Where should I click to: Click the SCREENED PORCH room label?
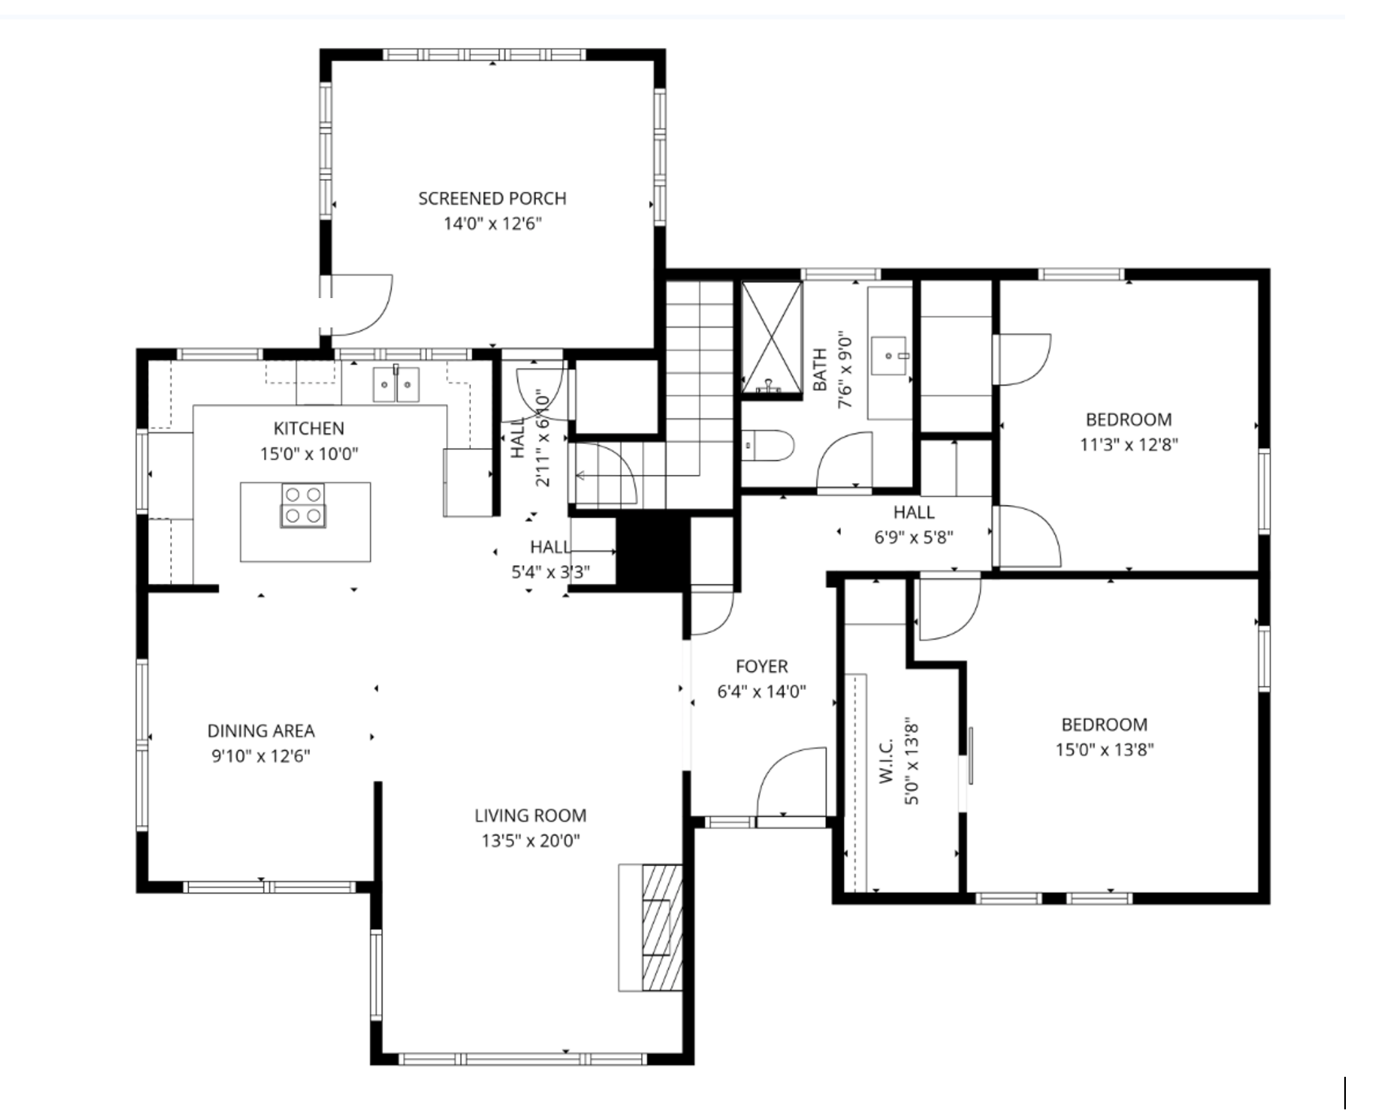[492, 199]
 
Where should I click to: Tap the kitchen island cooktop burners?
[303, 505]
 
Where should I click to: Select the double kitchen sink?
[396, 384]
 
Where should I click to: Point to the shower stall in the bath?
[772, 336]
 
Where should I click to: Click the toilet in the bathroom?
[770, 446]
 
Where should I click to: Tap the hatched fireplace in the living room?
[661, 926]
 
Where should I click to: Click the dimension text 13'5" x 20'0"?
[530, 841]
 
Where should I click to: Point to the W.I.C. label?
[887, 762]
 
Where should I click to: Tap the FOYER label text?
[762, 667]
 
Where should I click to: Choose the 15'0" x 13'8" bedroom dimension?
[1104, 749]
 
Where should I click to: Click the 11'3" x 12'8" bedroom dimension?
[1128, 445]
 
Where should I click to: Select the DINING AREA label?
[261, 731]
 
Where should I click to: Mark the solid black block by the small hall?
[653, 554]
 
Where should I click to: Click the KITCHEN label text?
[309, 428]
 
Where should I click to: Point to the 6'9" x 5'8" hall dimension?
[913, 538]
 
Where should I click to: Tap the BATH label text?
[820, 370]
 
